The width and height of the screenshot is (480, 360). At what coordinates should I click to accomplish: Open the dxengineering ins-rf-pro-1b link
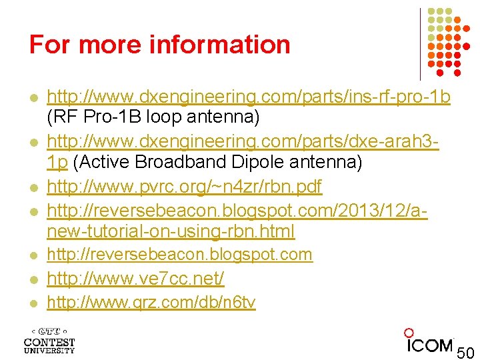click(249, 97)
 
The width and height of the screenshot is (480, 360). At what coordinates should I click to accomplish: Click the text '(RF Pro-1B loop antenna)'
click(153, 118)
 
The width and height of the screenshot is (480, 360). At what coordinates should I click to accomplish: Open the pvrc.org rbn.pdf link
click(185, 187)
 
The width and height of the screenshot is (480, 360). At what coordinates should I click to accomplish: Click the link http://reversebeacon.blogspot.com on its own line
click(179, 255)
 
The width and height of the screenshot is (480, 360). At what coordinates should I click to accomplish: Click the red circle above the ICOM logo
click(409, 332)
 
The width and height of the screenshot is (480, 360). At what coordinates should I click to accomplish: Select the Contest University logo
click(49, 340)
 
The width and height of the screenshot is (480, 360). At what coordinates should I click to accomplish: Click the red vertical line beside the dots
click(420, 43)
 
